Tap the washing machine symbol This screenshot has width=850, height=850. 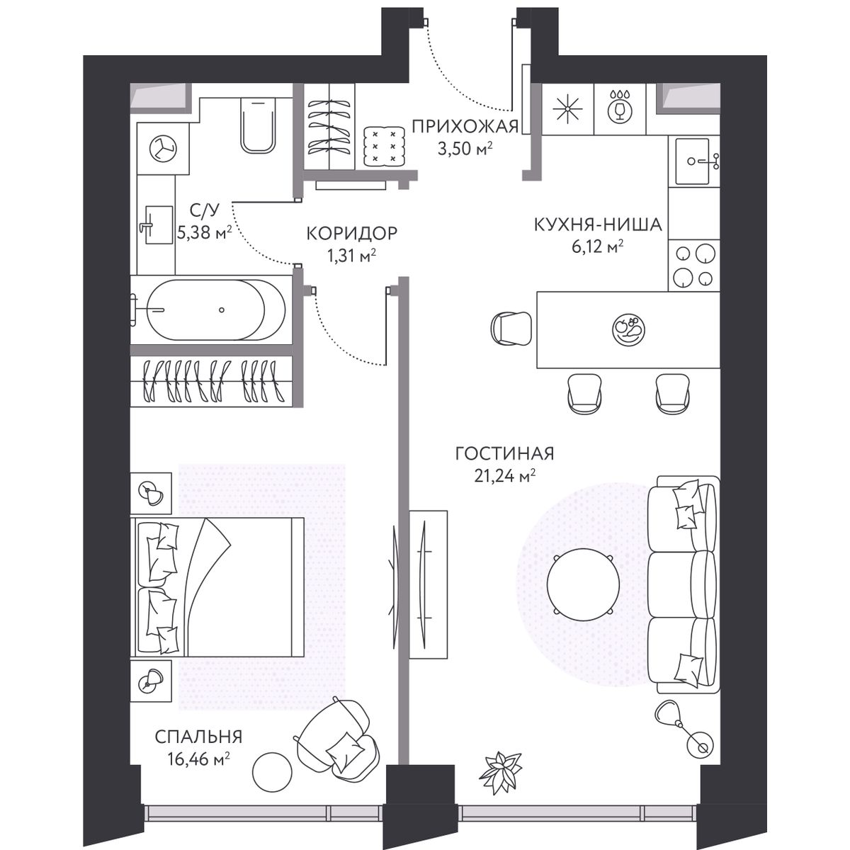pos(163,148)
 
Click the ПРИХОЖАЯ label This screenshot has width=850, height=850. pos(465,127)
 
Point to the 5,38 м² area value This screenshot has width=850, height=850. pos(204,232)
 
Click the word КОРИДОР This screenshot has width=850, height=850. pos(352,233)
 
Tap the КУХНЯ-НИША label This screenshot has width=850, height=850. pos(598,225)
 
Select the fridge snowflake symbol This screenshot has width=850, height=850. pos(567,108)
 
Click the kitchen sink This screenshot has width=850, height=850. pos(693,161)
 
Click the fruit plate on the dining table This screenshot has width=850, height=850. pos(628,329)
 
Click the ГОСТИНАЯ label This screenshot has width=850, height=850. pos(504,453)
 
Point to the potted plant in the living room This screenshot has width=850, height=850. pos(500,772)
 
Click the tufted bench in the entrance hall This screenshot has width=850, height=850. pos(385,146)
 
